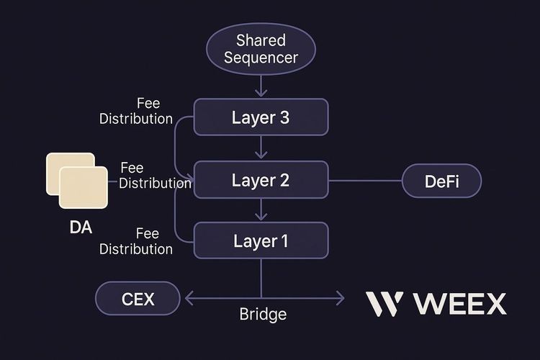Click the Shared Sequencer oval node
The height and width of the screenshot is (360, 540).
point(260,48)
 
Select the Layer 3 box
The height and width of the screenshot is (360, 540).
point(260,118)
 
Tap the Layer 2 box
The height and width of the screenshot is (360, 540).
point(260,180)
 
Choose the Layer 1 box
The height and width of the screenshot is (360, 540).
point(260,241)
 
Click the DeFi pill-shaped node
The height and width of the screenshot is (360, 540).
point(441,180)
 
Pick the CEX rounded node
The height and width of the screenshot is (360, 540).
point(138,297)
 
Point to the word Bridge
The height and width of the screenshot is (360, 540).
point(263,315)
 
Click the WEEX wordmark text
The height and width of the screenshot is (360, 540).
point(460,304)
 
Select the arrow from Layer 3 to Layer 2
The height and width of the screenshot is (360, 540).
point(261,149)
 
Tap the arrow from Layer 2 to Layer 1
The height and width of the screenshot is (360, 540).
point(261,211)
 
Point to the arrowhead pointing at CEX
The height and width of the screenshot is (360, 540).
point(189,297)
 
